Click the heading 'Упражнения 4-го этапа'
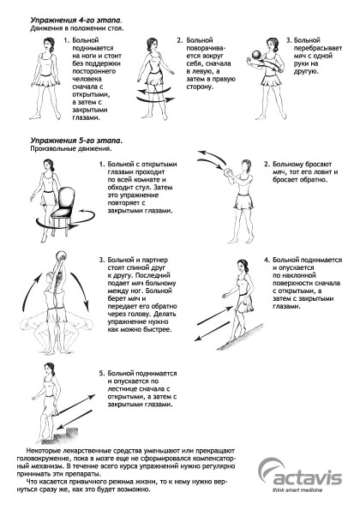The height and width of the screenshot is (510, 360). (76, 21)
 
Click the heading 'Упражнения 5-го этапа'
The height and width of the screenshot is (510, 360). (76, 141)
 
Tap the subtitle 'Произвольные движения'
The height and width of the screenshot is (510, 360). (71, 149)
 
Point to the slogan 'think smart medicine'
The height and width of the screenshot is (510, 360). (297, 489)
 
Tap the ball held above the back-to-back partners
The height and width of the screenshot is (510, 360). (61, 255)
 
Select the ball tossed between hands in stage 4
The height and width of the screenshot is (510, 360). (256, 55)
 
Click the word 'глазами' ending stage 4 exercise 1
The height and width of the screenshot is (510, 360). (86, 117)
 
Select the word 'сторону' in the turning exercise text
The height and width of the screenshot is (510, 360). (200, 87)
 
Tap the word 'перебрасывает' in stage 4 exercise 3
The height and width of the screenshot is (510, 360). (318, 48)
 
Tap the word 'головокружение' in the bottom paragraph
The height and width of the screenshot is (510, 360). (43, 459)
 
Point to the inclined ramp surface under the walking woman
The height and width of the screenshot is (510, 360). (240, 336)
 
